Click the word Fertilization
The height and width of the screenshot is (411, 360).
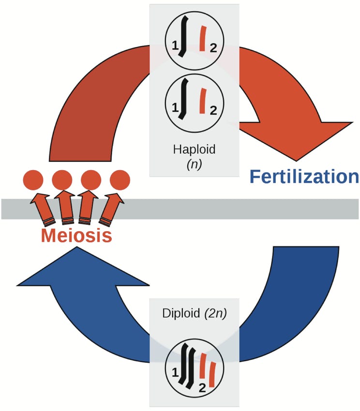coord(304,177)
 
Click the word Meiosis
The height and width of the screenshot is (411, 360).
coord(76,235)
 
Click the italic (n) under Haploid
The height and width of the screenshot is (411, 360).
coord(194,164)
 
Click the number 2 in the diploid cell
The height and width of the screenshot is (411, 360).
coord(202,387)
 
